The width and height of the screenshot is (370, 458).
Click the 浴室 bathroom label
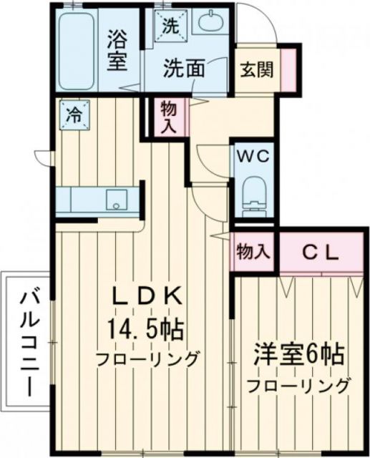point(120,50)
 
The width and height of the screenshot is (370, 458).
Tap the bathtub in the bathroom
point(76,48)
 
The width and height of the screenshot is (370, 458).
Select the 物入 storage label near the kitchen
point(169,117)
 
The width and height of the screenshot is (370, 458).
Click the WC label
point(252,157)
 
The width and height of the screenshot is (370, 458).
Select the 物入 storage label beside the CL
point(253,251)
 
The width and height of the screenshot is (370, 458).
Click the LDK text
point(146,298)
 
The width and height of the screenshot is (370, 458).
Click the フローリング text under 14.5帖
point(146,359)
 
